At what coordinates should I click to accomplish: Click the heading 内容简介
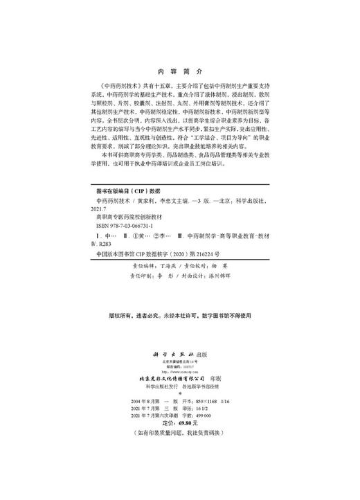click(179, 71)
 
